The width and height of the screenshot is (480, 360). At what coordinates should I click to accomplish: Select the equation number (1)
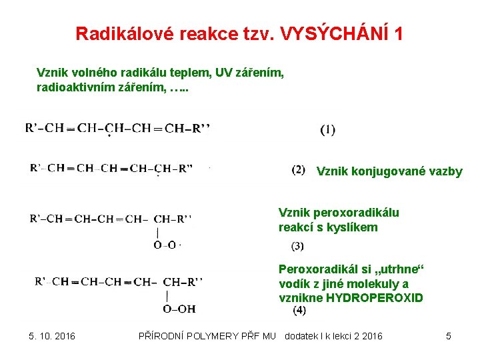[328, 129]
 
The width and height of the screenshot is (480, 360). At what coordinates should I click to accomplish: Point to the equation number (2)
[299, 170]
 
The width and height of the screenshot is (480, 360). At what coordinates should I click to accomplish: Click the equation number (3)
[297, 246]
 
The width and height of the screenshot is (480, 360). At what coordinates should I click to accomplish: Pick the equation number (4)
[299, 310]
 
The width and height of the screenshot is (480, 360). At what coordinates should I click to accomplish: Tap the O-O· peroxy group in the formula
[167, 245]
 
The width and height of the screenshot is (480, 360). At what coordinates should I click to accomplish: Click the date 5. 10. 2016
[52, 336]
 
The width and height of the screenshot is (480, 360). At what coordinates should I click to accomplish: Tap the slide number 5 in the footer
[449, 336]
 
